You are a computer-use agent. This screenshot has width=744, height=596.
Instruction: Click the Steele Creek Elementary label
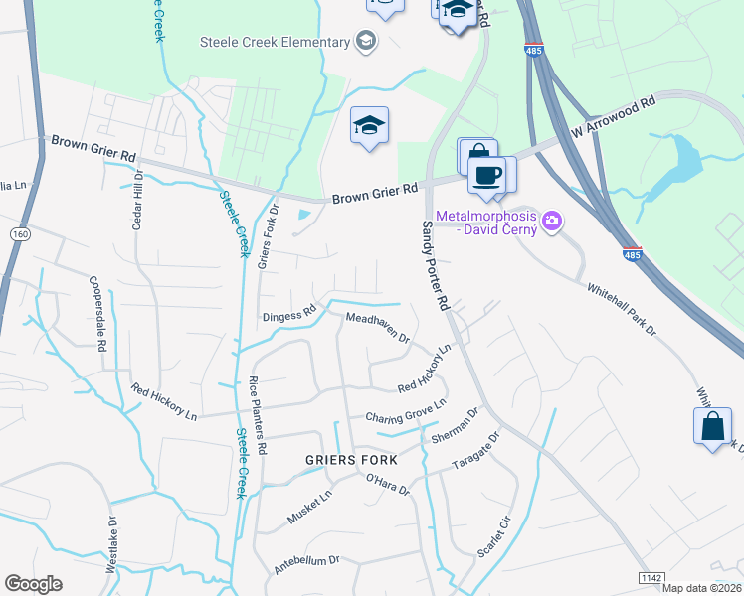(x=276, y=42)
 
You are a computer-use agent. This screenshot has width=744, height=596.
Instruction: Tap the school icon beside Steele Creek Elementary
(x=366, y=42)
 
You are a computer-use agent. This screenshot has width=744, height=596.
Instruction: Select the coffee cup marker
(x=486, y=175)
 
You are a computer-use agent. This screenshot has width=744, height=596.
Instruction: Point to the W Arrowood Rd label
(x=614, y=116)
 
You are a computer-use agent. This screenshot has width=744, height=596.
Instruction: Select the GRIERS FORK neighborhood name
(x=351, y=460)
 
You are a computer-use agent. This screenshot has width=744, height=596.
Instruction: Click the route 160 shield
(x=19, y=233)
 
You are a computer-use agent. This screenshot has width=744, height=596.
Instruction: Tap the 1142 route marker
(x=651, y=578)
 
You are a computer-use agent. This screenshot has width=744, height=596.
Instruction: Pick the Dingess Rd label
(x=288, y=315)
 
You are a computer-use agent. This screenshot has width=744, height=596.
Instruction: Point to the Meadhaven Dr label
(x=377, y=328)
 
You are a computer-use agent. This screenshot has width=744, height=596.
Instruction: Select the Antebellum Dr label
(x=307, y=565)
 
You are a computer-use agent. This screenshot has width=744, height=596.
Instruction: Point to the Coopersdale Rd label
(x=97, y=314)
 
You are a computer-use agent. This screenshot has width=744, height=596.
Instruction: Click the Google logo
(x=33, y=584)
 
